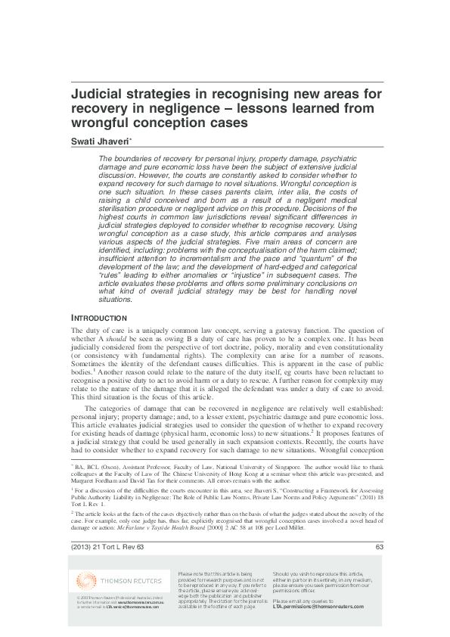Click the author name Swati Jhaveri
(x=100, y=141)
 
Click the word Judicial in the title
(x=100, y=94)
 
